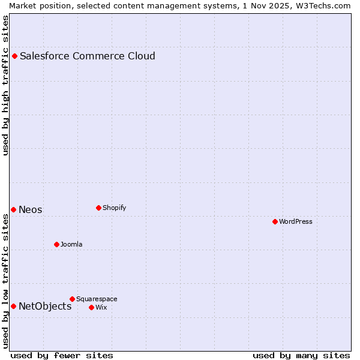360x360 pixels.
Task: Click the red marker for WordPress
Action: click(x=275, y=221)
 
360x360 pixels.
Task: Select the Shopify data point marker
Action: click(x=98, y=208)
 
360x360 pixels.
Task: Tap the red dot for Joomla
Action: click(x=56, y=244)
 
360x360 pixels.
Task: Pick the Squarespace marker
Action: click(x=72, y=299)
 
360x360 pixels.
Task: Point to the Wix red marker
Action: click(x=91, y=307)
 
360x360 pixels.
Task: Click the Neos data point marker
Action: click(x=13, y=209)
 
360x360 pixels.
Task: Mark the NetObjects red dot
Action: click(x=13, y=306)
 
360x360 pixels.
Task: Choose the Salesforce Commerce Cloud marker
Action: click(x=15, y=56)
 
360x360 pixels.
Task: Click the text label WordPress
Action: click(x=296, y=221)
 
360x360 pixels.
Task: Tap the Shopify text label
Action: click(x=114, y=208)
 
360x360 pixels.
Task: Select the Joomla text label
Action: click(x=71, y=244)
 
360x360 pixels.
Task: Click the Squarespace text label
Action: click(x=97, y=299)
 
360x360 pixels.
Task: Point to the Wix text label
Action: click(x=101, y=307)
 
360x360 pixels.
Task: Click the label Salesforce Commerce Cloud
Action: click(x=88, y=56)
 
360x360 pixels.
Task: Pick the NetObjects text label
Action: click(x=45, y=306)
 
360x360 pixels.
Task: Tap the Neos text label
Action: click(x=31, y=209)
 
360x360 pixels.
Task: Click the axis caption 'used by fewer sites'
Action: click(x=62, y=355)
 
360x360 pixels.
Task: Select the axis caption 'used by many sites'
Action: click(x=301, y=355)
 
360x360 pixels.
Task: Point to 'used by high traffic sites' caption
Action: click(x=5, y=85)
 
